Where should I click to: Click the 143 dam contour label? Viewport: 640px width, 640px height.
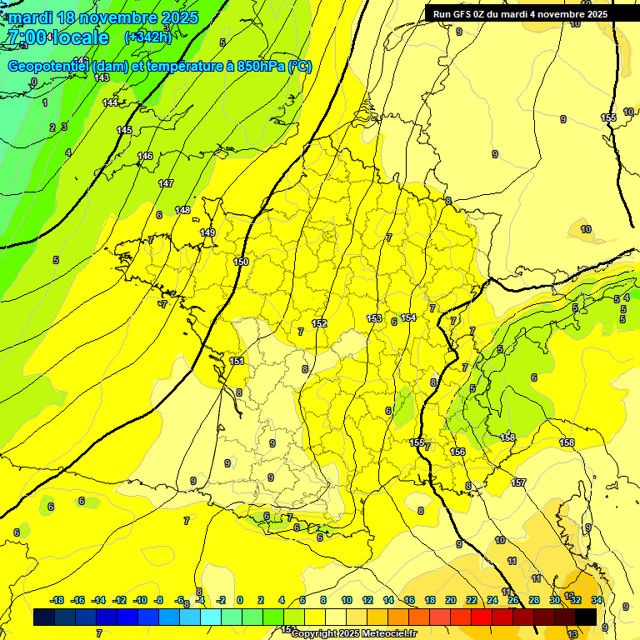coord(102,77)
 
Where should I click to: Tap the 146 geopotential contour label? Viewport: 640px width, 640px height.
coord(145,156)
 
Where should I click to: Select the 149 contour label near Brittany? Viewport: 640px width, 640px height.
coord(207,232)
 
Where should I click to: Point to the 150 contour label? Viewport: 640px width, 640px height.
coord(241,262)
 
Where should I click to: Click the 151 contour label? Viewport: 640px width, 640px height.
coord(237,361)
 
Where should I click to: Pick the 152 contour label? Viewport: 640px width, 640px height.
coord(319,323)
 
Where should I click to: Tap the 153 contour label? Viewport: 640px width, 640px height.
coord(374,318)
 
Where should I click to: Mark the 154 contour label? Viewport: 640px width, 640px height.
coord(408,317)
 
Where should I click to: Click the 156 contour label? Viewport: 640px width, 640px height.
coord(457,452)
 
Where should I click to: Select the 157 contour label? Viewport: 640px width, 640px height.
coord(518,482)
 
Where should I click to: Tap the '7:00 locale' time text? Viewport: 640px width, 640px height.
coord(57,37)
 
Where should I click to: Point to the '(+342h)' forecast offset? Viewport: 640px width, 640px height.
coord(147,37)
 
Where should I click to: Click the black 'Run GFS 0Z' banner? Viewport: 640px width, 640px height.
coord(520,14)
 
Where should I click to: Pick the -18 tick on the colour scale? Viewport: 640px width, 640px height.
coord(57,600)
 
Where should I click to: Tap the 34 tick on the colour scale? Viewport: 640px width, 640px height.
coord(597,600)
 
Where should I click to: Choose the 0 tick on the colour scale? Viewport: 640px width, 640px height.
coord(240,600)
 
